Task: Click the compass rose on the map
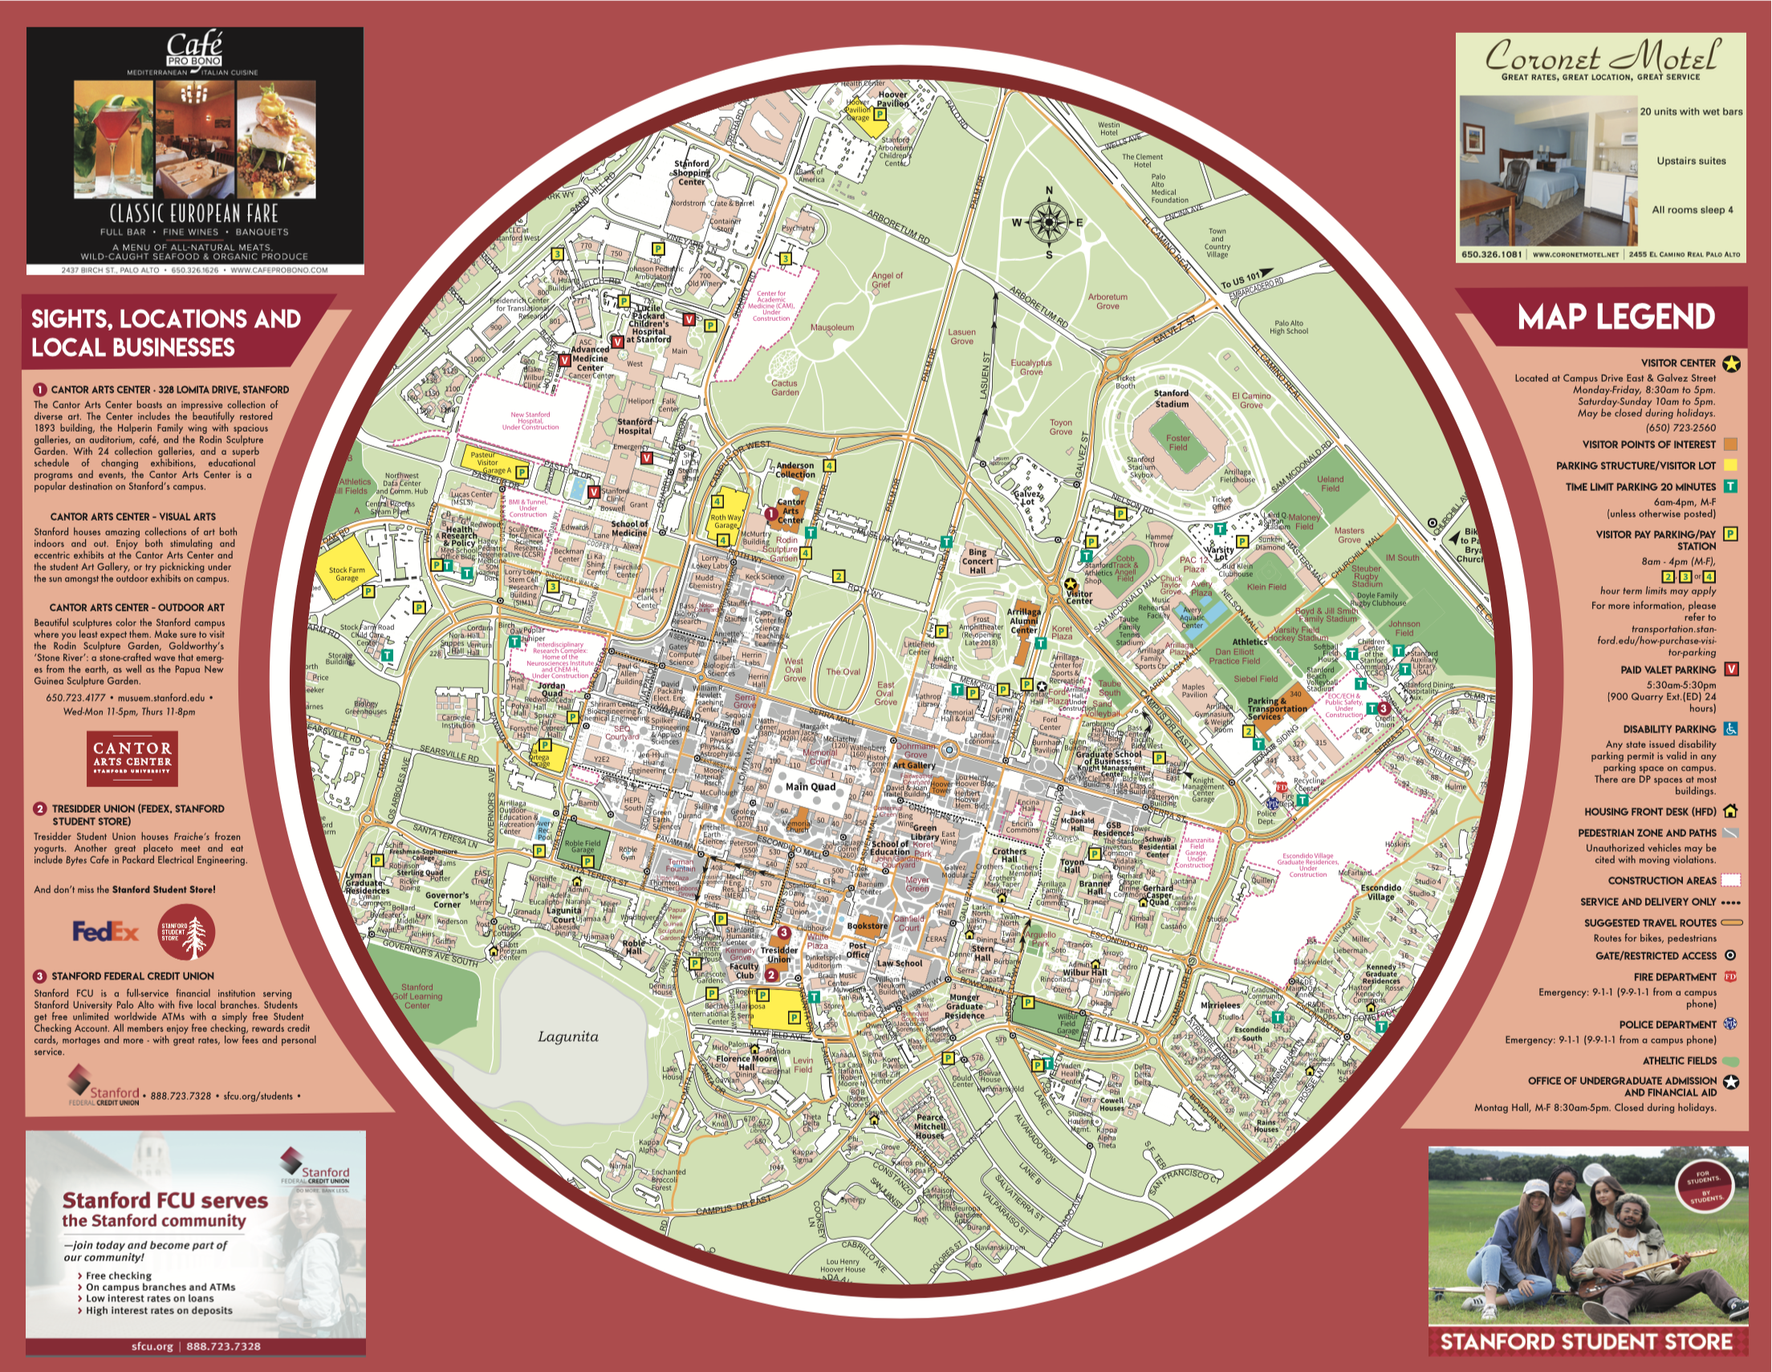1049,222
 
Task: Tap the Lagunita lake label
568,1036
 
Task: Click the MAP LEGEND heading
1616,317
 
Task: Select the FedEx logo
105,932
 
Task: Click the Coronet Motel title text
1601,57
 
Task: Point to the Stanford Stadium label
1172,399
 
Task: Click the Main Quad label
810,786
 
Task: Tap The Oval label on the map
843,671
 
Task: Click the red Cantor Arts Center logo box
132,757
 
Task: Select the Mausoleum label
831,328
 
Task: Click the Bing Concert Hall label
977,561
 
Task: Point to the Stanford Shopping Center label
691,172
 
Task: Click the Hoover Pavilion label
892,99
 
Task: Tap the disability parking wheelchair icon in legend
1730,729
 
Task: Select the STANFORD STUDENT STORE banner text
1586,1342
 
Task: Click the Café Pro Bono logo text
194,51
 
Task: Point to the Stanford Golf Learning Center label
417,996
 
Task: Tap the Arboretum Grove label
1107,301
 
